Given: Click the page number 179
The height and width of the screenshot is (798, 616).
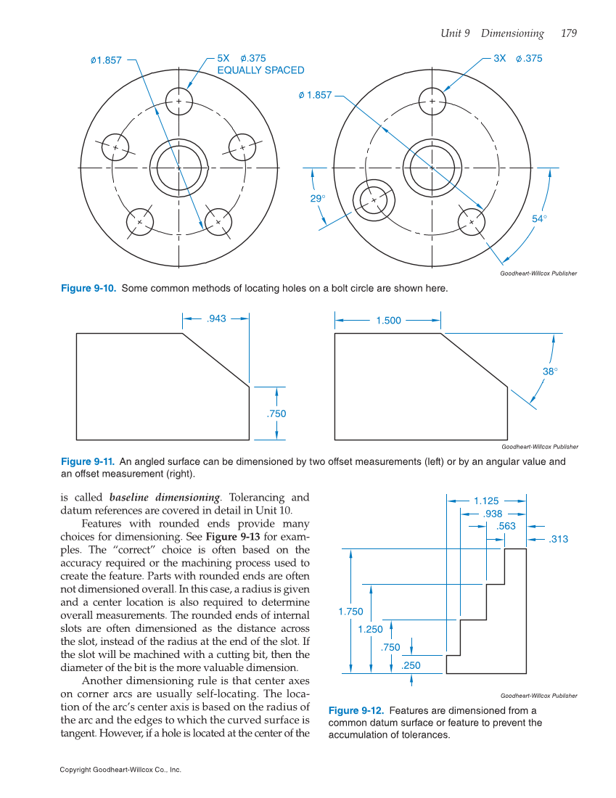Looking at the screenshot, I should (x=569, y=33).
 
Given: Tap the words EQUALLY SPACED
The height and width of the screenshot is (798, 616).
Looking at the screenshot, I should (x=260, y=70).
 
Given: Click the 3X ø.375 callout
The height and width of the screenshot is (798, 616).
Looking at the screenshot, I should (x=517, y=59).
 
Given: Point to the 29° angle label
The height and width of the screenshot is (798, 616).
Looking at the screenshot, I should (x=318, y=198).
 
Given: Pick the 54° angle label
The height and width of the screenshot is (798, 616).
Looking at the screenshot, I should (x=539, y=218).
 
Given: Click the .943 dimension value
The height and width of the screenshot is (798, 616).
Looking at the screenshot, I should (x=216, y=318).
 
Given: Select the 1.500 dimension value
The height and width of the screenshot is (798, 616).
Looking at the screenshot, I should (x=389, y=320).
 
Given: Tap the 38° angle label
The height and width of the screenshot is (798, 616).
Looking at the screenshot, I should (x=550, y=371).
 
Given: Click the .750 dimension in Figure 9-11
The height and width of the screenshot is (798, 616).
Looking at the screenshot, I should (x=276, y=414).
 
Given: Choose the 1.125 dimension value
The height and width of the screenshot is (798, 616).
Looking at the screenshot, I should (x=486, y=501).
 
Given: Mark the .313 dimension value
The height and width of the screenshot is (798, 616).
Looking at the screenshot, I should (x=558, y=539).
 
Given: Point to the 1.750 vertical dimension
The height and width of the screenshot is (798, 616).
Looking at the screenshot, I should (x=350, y=612).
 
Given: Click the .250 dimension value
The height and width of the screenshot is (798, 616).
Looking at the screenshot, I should (x=411, y=665).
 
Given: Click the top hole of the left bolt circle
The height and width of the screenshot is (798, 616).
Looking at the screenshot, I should (x=178, y=101).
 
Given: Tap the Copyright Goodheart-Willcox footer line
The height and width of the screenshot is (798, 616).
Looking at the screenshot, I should (x=120, y=770).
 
